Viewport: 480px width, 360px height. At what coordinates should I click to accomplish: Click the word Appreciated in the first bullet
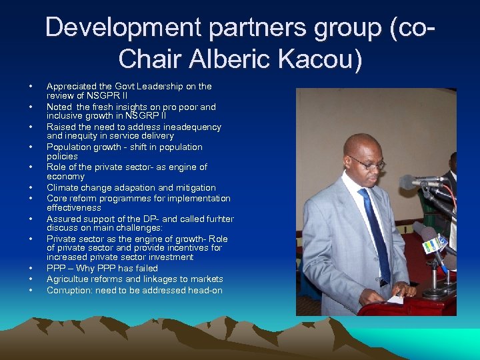click(69, 86)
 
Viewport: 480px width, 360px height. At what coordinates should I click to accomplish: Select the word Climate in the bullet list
click(61, 188)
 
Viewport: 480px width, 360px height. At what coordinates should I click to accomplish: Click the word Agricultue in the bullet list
click(68, 279)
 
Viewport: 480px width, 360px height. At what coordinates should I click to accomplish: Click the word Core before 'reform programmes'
click(55, 199)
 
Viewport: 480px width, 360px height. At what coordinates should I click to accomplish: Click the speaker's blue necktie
click(375, 227)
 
